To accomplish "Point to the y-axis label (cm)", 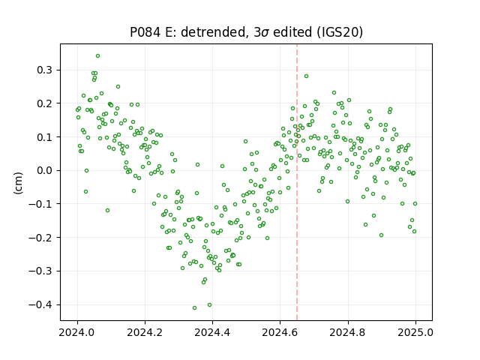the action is tap(18, 183).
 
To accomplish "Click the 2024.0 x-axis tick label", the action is tap(77, 332).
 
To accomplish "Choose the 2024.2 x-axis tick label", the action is tap(145, 332).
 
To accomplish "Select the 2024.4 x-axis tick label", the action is tap(212, 332).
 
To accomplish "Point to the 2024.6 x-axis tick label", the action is tap(280, 332).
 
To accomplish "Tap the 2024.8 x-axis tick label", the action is tap(348, 332).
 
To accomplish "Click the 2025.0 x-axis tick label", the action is tap(415, 332).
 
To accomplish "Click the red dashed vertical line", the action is tap(297, 182).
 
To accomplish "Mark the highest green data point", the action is tap(97, 55).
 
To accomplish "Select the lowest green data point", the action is tap(194, 307).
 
